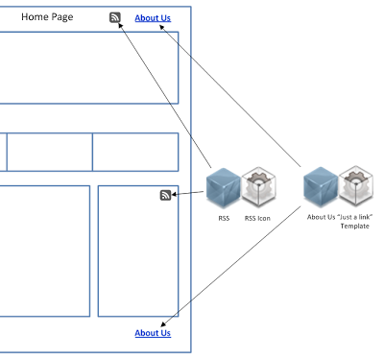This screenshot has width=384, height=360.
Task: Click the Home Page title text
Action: tap(47, 17)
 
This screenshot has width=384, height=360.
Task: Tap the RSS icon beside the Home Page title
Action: tap(115, 17)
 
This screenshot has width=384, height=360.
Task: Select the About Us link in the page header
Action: tap(153, 18)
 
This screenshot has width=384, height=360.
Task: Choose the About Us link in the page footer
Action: tap(153, 333)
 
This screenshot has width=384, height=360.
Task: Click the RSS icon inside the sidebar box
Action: tap(166, 195)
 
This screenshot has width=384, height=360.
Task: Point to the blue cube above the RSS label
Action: tap(224, 188)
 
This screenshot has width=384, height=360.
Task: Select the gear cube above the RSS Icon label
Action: tap(258, 186)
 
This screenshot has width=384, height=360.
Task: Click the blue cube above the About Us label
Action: tap(321, 187)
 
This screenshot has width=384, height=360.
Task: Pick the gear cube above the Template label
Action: tap(356, 186)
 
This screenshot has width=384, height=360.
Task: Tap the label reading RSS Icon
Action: tap(257, 218)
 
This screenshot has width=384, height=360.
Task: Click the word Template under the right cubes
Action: tap(354, 227)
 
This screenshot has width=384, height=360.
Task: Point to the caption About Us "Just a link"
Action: tap(340, 217)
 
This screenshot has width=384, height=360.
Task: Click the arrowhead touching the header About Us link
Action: tap(162, 28)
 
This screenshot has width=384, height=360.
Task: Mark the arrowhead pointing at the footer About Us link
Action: tap(163, 324)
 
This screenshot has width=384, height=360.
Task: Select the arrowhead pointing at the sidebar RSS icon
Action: tap(175, 194)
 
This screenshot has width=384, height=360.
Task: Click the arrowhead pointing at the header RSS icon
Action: tap(121, 26)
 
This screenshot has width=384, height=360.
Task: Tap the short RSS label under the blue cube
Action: tap(224, 218)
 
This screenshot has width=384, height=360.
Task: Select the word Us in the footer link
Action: tap(164, 333)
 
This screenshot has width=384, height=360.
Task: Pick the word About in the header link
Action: tap(146, 18)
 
